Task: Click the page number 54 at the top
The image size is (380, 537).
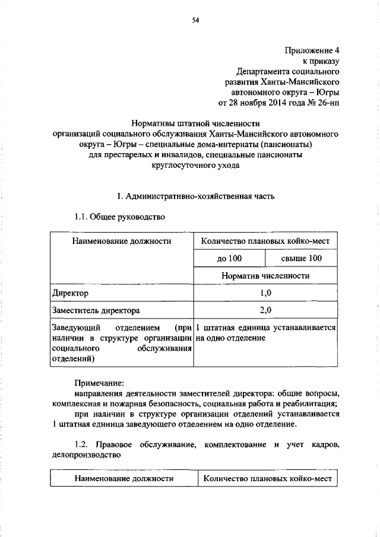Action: tap(195, 21)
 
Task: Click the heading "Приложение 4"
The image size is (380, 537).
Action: tap(312, 50)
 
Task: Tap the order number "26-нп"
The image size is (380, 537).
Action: tap(328, 103)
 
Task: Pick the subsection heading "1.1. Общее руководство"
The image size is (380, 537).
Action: tap(119, 217)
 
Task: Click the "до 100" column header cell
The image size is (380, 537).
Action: tap(229, 259)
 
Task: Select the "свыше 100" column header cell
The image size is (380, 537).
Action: tap(301, 259)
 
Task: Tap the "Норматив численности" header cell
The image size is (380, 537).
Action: tap(265, 276)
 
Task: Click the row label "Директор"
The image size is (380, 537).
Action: tap(69, 293)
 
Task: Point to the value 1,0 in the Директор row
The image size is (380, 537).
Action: tap(265, 293)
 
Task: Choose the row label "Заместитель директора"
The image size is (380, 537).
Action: tap(96, 310)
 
